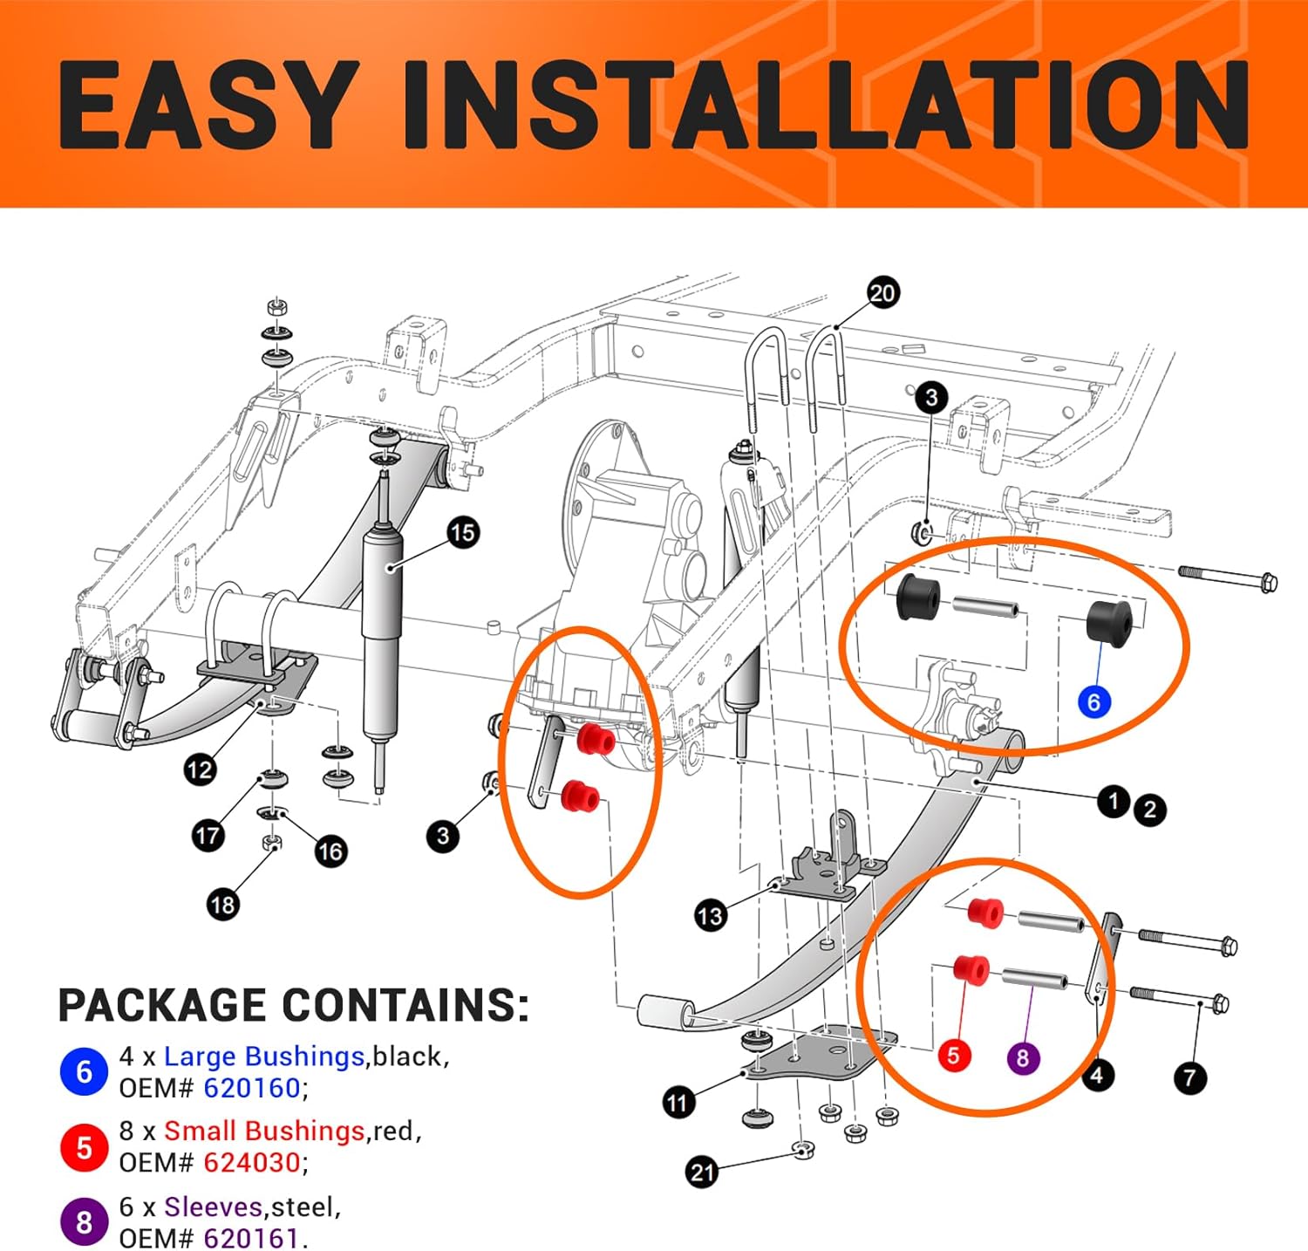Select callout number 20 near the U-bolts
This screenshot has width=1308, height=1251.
pyautogui.click(x=882, y=292)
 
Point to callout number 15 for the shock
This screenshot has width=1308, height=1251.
pyautogui.click(x=463, y=532)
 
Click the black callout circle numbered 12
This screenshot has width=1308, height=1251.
pyautogui.click(x=200, y=769)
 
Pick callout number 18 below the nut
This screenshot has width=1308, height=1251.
pyautogui.click(x=222, y=905)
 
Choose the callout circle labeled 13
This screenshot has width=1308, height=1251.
pyautogui.click(x=710, y=915)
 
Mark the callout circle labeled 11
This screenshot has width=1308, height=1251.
pyautogui.click(x=678, y=1103)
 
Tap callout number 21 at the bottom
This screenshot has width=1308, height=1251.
pyautogui.click(x=703, y=1172)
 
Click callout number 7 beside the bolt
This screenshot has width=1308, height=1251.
pyautogui.click(x=1190, y=1077)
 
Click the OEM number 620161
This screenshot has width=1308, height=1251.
pyautogui.click(x=252, y=1238)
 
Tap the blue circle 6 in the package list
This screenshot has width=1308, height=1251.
pyautogui.click(x=84, y=1071)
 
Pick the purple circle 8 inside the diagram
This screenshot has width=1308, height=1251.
pyautogui.click(x=1023, y=1058)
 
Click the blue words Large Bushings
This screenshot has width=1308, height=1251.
pyautogui.click(x=264, y=1056)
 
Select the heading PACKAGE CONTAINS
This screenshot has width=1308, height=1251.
pyautogui.click(x=293, y=1005)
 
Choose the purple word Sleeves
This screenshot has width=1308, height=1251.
pyautogui.click(x=213, y=1207)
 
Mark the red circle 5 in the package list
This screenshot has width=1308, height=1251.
pyautogui.click(x=84, y=1147)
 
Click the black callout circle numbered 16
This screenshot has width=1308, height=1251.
pyautogui.click(x=330, y=851)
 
